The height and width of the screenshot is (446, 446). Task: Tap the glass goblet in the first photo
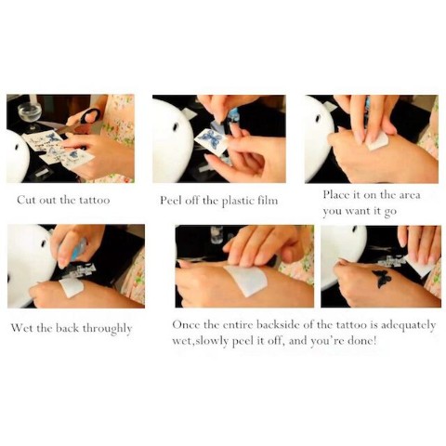29,114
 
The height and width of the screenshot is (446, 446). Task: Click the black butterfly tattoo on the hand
382,279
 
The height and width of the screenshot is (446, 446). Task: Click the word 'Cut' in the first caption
26,200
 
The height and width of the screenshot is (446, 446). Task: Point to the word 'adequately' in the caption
408,326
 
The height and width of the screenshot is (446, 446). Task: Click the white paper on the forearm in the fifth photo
247,280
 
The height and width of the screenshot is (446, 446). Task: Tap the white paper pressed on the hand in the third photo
376,142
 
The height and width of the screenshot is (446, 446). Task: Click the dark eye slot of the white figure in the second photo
177,127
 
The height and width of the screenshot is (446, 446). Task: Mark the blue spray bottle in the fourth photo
79,250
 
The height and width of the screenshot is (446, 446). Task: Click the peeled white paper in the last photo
422,266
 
